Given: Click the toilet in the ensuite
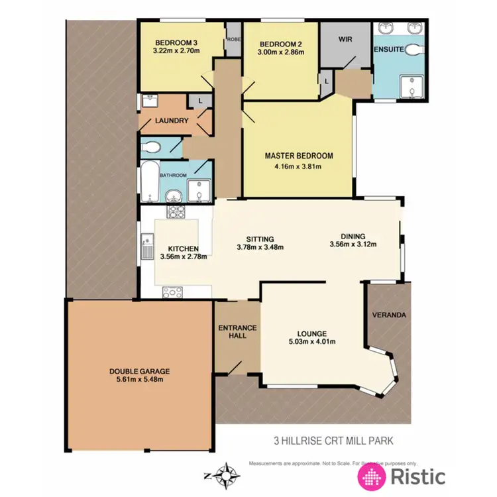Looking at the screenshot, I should click(413, 49).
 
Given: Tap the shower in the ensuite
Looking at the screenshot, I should click(412, 86).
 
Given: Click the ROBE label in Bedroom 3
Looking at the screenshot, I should click(233, 39).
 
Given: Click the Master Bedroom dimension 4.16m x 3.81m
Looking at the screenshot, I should click(298, 166).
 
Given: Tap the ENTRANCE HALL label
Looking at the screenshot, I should click(237, 331).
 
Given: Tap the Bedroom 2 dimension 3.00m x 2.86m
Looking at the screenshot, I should click(280, 51).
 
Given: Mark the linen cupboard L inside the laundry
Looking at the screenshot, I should click(200, 100).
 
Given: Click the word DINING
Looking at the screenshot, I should click(353, 235).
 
